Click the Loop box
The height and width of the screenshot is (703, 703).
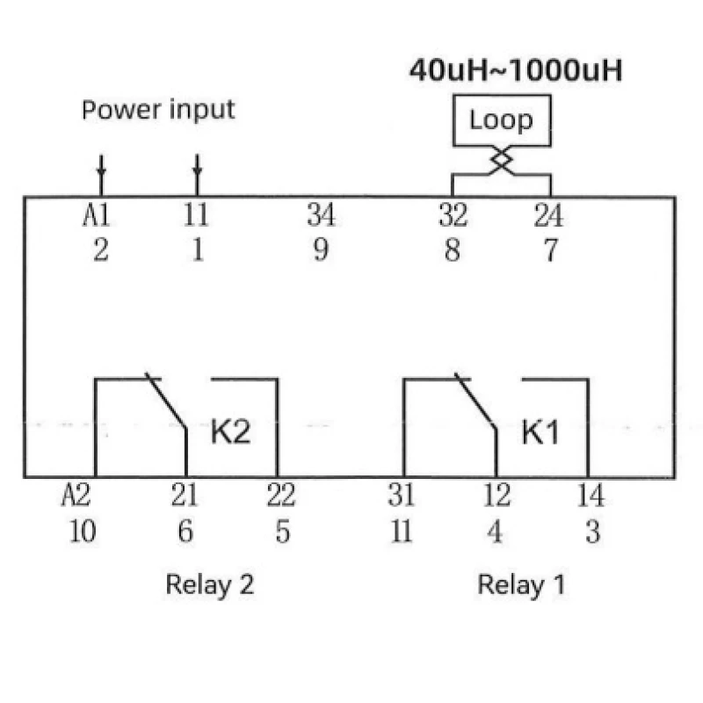[501, 120]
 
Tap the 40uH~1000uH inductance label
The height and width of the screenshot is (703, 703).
[516, 71]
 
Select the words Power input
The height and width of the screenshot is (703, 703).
[158, 110]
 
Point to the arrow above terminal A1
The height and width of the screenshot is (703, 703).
[101, 167]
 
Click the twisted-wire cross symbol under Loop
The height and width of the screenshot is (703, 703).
[501, 161]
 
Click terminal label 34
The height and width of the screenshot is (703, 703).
[321, 215]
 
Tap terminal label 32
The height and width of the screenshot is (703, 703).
[453, 215]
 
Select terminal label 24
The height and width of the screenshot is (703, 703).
[548, 215]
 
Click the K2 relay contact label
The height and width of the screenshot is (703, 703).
[230, 432]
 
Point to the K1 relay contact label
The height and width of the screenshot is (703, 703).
[540, 432]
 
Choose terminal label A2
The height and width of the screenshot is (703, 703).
[76, 496]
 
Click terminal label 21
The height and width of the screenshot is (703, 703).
[185, 496]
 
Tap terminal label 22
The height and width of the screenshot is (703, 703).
[281, 496]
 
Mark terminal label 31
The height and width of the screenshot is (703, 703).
[402, 496]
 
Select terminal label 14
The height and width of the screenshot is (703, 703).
[591, 496]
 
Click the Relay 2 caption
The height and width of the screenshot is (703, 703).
[210, 584]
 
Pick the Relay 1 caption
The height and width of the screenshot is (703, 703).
[521, 584]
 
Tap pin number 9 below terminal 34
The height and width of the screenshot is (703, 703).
[321, 250]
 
